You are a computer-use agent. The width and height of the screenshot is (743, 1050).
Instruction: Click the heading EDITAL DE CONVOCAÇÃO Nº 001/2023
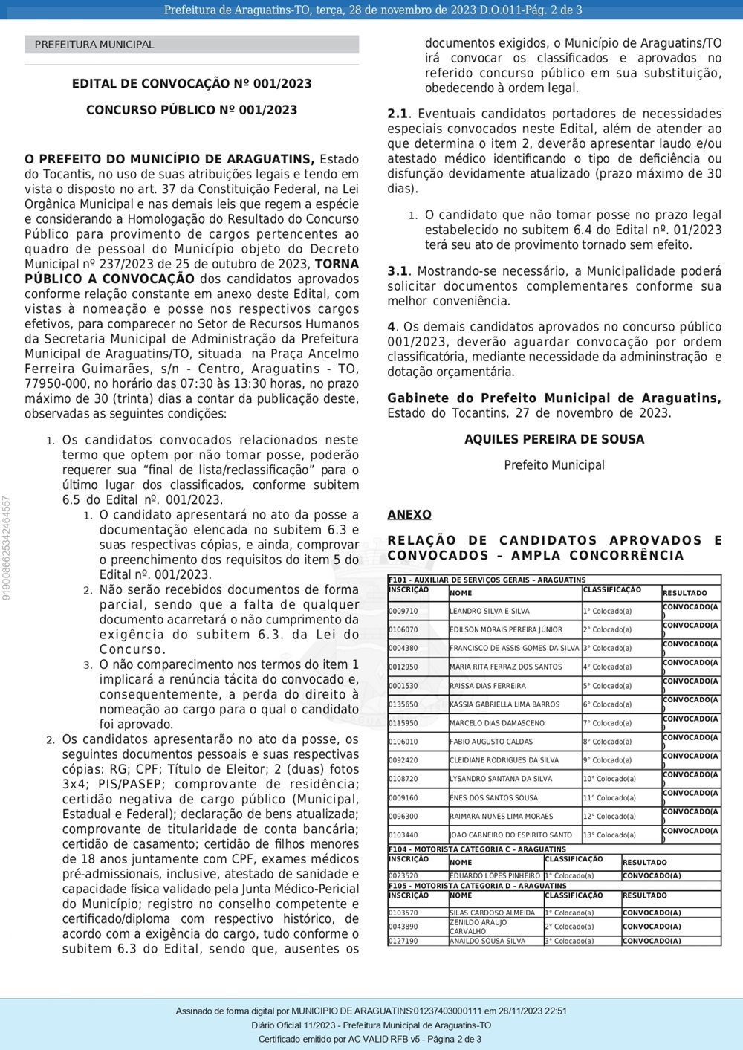pyautogui.click(x=192, y=84)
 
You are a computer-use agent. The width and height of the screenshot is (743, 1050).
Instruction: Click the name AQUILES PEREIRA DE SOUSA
pyautogui.click(x=554, y=439)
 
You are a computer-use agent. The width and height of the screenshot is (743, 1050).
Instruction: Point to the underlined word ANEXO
pyautogui.click(x=409, y=515)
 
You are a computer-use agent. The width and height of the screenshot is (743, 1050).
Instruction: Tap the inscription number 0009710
pyautogui.click(x=403, y=612)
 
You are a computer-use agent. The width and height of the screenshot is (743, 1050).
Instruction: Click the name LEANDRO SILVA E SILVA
pyautogui.click(x=490, y=612)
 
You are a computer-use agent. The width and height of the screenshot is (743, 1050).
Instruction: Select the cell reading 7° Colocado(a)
pyautogui.click(x=607, y=723)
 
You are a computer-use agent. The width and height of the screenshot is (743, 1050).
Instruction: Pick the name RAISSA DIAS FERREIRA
pyautogui.click(x=487, y=686)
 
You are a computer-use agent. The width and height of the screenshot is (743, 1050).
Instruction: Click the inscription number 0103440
pyautogui.click(x=403, y=835)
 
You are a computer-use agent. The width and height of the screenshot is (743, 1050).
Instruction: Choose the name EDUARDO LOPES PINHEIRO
pyautogui.click(x=495, y=876)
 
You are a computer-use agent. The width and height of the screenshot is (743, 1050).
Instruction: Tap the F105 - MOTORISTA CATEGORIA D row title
pyautogui.click(x=478, y=886)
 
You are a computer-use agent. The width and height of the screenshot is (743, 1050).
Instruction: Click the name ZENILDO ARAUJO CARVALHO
pyautogui.click(x=478, y=927)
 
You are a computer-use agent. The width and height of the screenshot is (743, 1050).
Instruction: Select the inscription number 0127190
pyautogui.click(x=403, y=941)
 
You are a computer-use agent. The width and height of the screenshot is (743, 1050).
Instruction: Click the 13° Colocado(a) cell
pyautogui.click(x=609, y=835)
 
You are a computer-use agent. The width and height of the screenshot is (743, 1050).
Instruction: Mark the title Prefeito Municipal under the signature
pyautogui.click(x=554, y=465)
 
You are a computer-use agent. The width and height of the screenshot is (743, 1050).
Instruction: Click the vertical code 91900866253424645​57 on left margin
pyautogui.click(x=7, y=548)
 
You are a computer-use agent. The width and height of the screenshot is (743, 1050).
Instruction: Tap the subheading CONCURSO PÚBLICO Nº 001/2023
pyautogui.click(x=192, y=110)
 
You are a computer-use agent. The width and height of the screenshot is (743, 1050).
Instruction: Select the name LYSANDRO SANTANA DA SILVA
pyautogui.click(x=501, y=779)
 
